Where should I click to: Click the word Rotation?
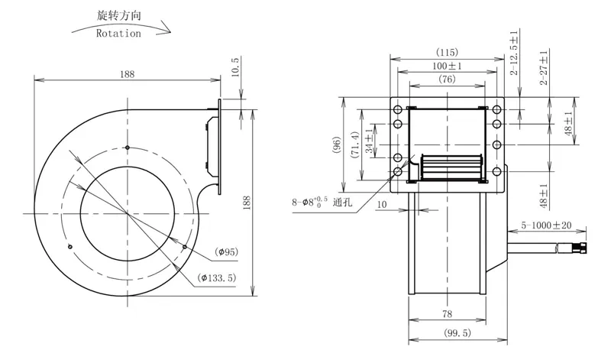click(x=118, y=34)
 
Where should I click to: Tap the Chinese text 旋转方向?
click(x=119, y=15)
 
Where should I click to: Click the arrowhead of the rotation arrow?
click(x=166, y=28)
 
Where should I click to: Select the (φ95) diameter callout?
click(x=226, y=252)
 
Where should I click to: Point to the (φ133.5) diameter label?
click(x=217, y=278)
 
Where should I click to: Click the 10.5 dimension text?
click(x=235, y=66)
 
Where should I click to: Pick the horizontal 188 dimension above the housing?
click(x=127, y=74)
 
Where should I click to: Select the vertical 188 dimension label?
click(x=246, y=203)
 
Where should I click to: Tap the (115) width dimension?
click(x=447, y=52)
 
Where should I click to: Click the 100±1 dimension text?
click(x=447, y=66)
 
